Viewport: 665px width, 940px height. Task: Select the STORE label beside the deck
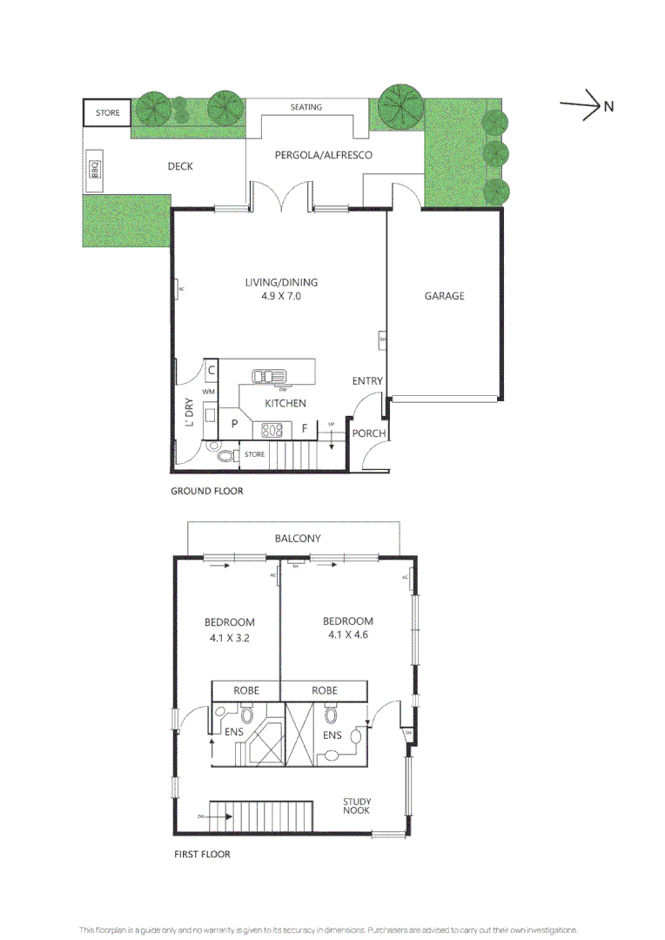pyautogui.click(x=107, y=113)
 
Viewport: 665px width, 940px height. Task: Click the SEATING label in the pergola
pyautogui.click(x=306, y=107)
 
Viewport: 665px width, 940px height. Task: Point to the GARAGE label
pyautogui.click(x=444, y=296)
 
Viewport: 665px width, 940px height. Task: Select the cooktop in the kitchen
pyautogui.click(x=272, y=428)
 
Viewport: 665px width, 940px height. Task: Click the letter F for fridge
pyautogui.click(x=305, y=428)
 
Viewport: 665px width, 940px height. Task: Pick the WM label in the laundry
pyautogui.click(x=208, y=393)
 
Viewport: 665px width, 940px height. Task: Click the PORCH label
pyautogui.click(x=369, y=433)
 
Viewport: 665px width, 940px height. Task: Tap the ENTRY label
pyautogui.click(x=367, y=381)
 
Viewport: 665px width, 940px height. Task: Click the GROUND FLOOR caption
pyautogui.click(x=206, y=491)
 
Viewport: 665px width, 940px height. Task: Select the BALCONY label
pyautogui.click(x=298, y=539)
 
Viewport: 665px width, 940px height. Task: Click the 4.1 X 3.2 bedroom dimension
pyautogui.click(x=229, y=637)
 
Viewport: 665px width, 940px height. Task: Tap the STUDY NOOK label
pyautogui.click(x=356, y=806)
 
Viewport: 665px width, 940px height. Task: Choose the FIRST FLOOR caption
pyautogui.click(x=202, y=854)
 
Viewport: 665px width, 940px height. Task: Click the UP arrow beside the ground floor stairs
pyautogui.click(x=332, y=433)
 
